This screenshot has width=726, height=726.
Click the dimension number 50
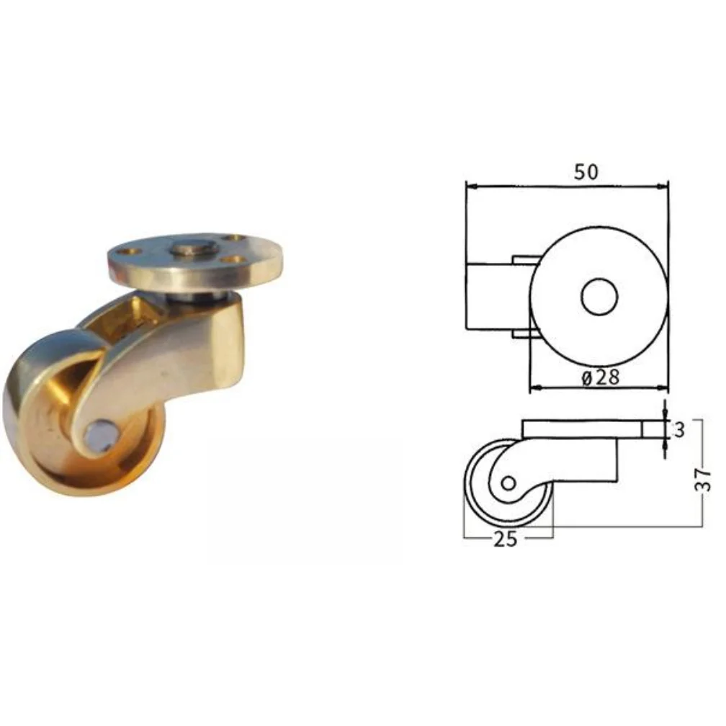click(x=586, y=171)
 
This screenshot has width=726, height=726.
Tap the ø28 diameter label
click(x=600, y=378)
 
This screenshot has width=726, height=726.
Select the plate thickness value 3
click(x=679, y=430)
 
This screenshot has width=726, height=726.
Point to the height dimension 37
click(x=704, y=480)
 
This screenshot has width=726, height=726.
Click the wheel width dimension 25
click(x=505, y=539)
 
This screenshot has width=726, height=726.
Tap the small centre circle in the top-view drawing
click(x=599, y=297)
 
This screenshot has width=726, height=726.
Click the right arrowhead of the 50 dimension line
click(x=663, y=186)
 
